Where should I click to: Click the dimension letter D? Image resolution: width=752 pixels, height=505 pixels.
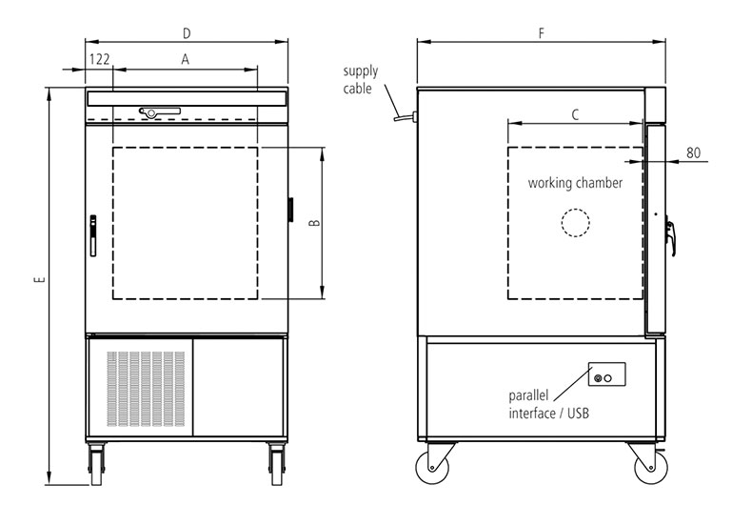click(x=187, y=33)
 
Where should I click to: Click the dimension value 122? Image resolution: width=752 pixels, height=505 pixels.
click(x=100, y=59)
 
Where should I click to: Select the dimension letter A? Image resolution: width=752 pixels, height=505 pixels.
click(x=185, y=59)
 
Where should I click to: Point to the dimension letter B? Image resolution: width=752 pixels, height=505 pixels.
click(x=314, y=223)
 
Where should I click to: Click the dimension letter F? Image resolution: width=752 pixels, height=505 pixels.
click(x=542, y=33)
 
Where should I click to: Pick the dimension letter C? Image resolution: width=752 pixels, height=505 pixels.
click(x=576, y=114)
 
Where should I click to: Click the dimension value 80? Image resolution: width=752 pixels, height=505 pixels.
click(x=694, y=152)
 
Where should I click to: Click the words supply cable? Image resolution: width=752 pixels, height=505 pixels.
click(x=360, y=80)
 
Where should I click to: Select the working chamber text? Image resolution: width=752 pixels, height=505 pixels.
click(x=575, y=183)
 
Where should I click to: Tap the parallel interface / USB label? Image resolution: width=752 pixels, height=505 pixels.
click(x=548, y=405)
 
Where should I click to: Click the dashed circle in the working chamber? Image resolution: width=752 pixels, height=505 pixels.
click(x=576, y=210)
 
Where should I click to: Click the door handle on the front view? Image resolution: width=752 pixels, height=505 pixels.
click(x=93, y=235)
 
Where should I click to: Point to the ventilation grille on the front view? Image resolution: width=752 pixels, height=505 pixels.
click(x=146, y=389)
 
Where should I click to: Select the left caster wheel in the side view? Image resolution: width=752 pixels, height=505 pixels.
click(x=432, y=467)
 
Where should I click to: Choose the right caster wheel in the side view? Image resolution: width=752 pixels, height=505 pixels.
click(x=650, y=467)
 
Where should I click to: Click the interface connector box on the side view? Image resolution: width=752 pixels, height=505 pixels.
click(x=606, y=374)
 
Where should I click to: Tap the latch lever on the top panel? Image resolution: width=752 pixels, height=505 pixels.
click(x=159, y=111)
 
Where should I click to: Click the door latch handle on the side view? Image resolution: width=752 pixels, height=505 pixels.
click(x=670, y=236)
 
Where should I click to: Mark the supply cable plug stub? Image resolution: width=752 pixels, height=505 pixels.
click(x=406, y=116)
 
